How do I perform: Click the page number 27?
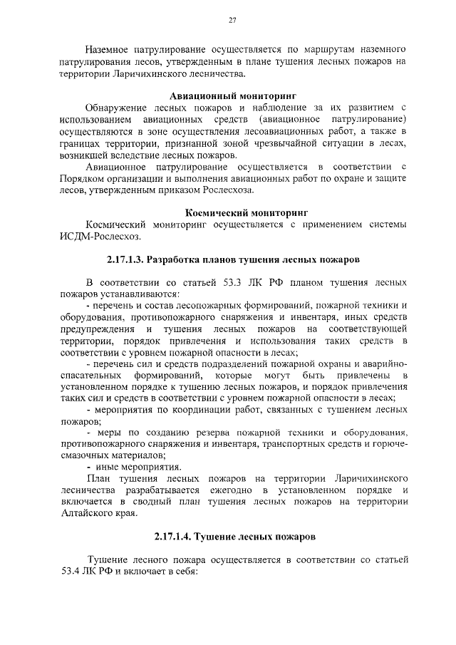pos(232,20)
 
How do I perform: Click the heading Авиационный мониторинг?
pos(232,95)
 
